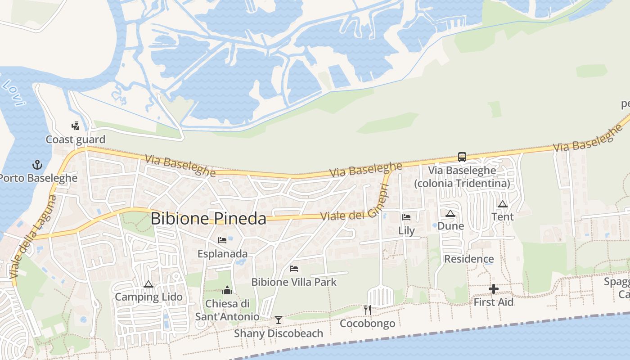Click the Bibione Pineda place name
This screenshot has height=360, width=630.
pyautogui.click(x=208, y=219)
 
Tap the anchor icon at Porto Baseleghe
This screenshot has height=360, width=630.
pyautogui.click(x=37, y=165)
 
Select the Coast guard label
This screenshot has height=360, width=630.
pyautogui.click(x=75, y=139)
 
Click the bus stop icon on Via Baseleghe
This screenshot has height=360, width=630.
pyautogui.click(x=462, y=157)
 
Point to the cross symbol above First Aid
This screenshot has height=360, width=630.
pyautogui.click(x=494, y=289)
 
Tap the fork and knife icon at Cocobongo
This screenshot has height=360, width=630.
pyautogui.click(x=368, y=310)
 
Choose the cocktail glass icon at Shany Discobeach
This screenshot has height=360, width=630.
pyautogui.click(x=279, y=320)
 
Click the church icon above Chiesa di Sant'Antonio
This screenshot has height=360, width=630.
pyautogui.click(x=227, y=290)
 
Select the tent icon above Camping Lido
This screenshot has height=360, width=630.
pyautogui.click(x=148, y=284)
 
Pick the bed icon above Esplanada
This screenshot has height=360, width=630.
pyautogui.click(x=222, y=240)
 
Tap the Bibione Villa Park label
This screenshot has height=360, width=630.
pyautogui.click(x=294, y=282)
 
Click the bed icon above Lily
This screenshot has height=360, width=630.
pyautogui.click(x=406, y=217)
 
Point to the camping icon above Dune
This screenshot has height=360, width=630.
pyautogui.click(x=450, y=213)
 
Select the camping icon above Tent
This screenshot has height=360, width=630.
pyautogui.click(x=503, y=204)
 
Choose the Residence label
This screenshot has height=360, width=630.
pyautogui.click(x=469, y=259)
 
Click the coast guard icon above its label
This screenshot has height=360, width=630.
pyautogui.click(x=75, y=126)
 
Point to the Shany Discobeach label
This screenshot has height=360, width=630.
pyautogui.click(x=279, y=333)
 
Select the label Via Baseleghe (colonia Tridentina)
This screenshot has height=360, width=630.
pyautogui.click(x=462, y=177)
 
